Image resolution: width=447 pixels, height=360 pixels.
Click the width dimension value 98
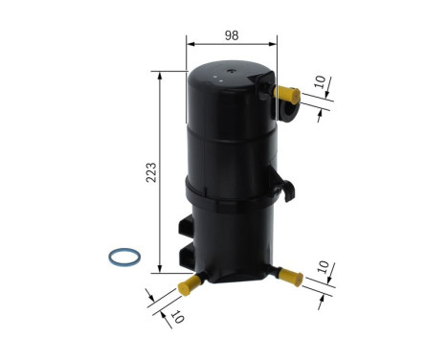(233, 35)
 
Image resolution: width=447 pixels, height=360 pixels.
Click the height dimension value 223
(147, 172)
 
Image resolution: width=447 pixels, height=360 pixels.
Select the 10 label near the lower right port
(324, 265)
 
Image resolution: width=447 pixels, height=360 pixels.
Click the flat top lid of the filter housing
(231, 76)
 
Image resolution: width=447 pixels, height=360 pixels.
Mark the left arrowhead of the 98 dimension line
(190, 44)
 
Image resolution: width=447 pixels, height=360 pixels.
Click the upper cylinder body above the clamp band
(230, 134)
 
